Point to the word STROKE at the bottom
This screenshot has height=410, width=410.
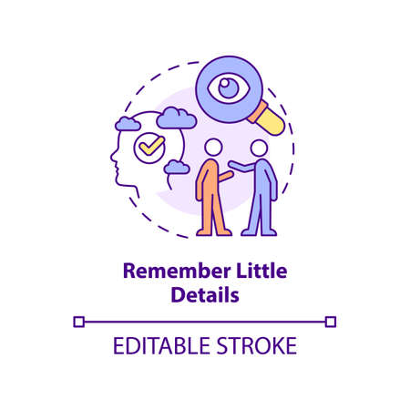[257, 347]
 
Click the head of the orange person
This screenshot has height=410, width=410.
[213, 148]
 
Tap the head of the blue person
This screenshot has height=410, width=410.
[260, 148]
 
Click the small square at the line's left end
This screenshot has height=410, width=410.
[78, 321]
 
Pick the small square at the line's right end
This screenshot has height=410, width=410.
[331, 321]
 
